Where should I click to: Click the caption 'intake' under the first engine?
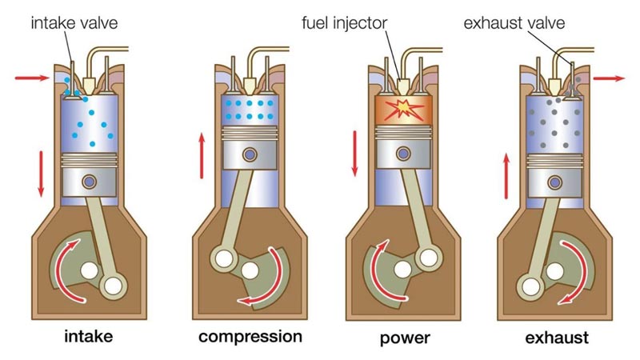point(88,336)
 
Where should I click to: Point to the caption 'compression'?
point(250,336)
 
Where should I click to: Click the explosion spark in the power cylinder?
point(401,109)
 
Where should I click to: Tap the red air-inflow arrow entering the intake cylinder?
point(30,78)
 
